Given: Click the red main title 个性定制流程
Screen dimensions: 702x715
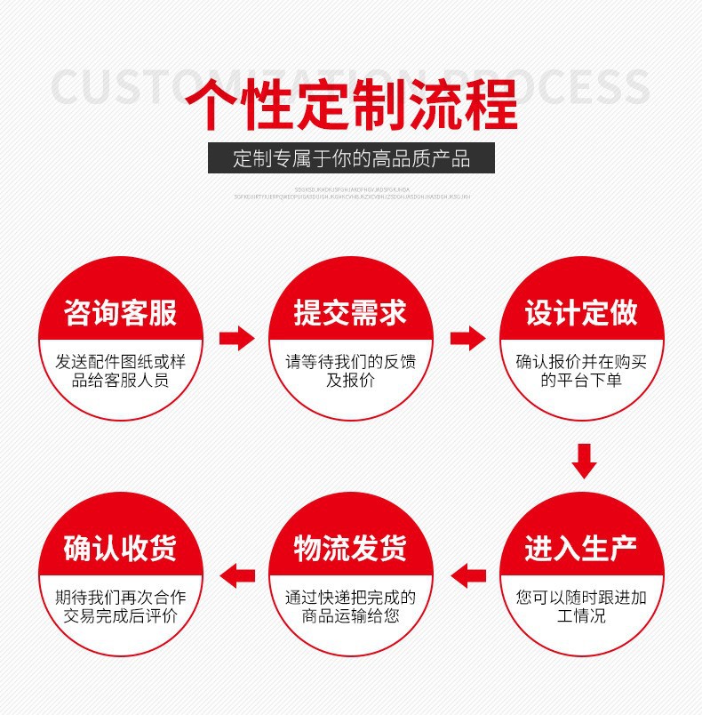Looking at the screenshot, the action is point(351,105).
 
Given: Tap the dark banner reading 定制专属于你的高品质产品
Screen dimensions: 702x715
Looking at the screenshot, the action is point(351,159).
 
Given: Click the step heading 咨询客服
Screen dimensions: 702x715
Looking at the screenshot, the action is point(121,312).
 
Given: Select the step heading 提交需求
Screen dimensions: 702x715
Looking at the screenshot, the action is point(351,312).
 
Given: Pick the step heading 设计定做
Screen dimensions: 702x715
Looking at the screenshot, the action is point(581,312).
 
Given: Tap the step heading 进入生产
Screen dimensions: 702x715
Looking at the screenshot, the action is point(581,547).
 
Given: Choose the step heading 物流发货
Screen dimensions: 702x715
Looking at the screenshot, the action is point(351,547).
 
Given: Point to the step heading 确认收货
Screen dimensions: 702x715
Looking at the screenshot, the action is point(121,547).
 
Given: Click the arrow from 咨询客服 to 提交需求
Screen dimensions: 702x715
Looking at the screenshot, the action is point(236,338).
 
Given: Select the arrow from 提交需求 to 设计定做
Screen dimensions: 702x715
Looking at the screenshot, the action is point(467,338).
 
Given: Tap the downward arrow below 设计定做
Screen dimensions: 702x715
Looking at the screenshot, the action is point(583,460).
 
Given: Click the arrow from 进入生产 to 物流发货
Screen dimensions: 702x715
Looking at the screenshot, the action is point(467,574).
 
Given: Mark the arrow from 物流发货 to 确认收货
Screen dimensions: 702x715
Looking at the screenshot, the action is point(236,574).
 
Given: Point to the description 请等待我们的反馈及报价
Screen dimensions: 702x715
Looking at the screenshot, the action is point(351,372).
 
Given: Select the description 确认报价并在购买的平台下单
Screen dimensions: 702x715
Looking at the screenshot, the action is point(581,372).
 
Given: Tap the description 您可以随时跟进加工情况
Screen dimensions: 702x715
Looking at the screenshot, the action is point(581,606).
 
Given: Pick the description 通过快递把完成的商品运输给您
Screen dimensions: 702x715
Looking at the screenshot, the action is point(351,606).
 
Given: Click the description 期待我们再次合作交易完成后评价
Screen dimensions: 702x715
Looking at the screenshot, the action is point(121,606).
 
